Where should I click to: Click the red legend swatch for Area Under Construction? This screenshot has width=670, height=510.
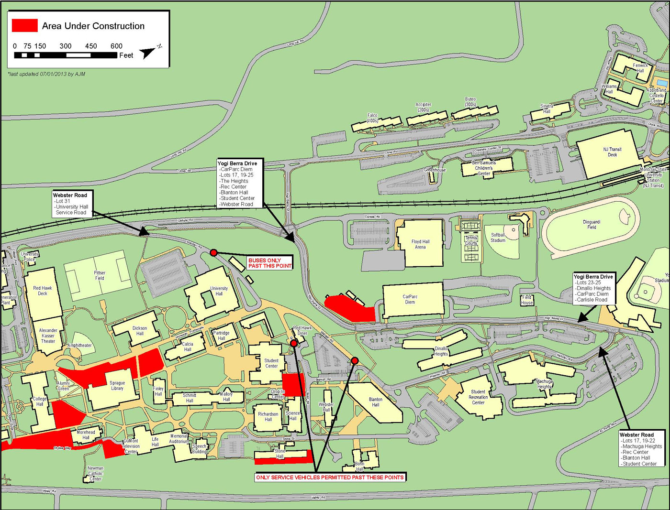pos(24,26)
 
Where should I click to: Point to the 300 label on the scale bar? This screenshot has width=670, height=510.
pos(66,46)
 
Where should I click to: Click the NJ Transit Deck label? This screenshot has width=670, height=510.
pos(612,152)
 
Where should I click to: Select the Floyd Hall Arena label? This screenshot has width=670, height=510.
pos(420,244)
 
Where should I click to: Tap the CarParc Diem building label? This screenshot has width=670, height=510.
pos(410,299)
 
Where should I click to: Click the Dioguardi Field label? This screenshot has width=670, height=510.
pos(592,225)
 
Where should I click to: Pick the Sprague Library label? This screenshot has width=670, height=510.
pos(117,386)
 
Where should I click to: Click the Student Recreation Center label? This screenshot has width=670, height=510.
pos(478,397)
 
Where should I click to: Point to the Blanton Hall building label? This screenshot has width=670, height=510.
pos(376,402)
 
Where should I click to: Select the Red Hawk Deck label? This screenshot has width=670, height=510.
pos(43,291)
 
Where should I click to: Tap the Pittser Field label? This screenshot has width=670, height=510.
pos(100,275)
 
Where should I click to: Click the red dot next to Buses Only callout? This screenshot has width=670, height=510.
pos(213,252)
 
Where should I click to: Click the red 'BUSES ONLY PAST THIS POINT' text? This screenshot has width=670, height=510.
pos(269,263)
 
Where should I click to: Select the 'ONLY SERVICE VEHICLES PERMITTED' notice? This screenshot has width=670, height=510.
pos(330,477)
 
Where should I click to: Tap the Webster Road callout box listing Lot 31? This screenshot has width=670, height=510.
pos(72,204)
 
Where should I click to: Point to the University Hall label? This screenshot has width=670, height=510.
pos(219,291)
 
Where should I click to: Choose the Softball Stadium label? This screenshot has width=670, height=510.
pos(498,238)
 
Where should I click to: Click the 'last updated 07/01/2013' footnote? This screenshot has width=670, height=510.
pos(46,74)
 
